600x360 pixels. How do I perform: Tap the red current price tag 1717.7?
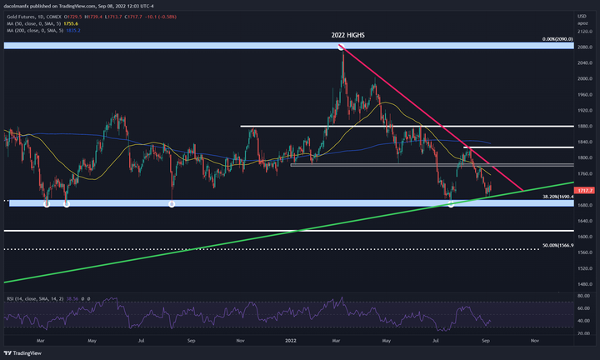tap(586, 191)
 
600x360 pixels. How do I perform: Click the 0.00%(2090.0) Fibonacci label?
tap(557, 39)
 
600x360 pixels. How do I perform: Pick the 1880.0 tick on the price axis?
tap(586, 126)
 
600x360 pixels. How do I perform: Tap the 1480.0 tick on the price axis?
tap(586, 284)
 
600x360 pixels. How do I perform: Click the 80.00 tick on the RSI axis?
tap(585, 295)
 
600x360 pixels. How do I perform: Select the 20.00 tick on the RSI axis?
tap(585, 333)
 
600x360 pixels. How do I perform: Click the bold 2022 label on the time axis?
tap(292, 341)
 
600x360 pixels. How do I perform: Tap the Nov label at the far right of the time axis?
tap(534, 341)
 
